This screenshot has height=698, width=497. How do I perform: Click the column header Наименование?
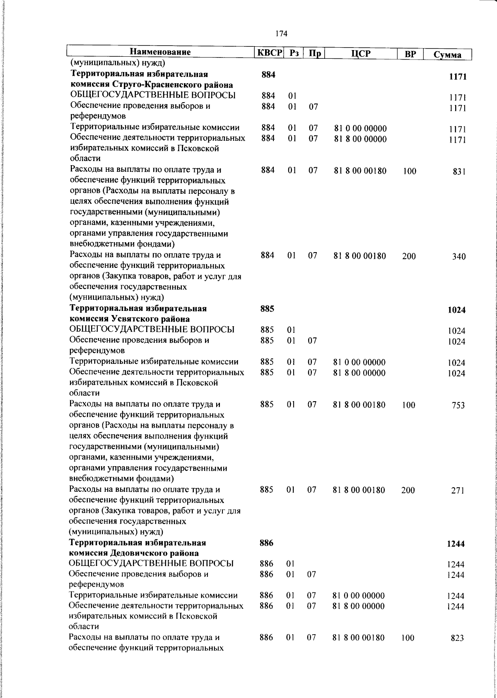160,52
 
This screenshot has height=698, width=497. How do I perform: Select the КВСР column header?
269,53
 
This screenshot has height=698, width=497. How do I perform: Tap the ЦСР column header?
360,54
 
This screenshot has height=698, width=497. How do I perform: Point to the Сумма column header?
447,55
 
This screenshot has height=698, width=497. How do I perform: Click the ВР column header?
410,54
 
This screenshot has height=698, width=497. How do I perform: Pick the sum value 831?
459,171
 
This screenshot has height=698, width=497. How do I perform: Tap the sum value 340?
459,257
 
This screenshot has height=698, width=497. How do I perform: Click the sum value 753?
458,405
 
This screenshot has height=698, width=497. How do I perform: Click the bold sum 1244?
456,544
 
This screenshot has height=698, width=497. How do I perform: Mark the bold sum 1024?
457,310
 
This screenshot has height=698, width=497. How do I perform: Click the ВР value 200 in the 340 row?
409,256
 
